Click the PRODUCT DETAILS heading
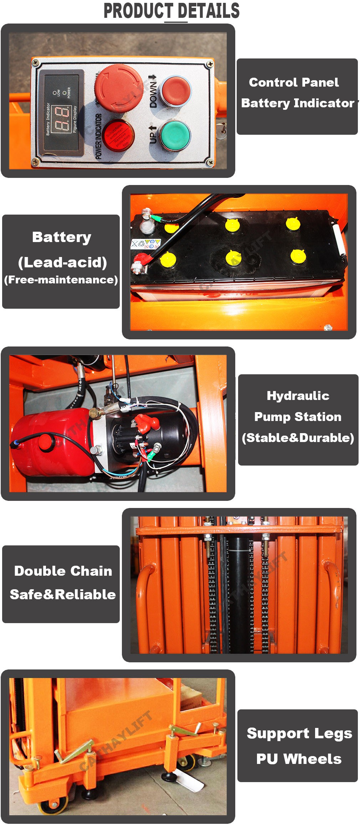tap(171, 11)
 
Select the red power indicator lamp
tap(119, 136)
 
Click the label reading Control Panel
tap(294, 82)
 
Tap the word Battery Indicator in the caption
tap(298, 103)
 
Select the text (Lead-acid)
tap(62, 262)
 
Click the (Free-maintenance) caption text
tap(61, 279)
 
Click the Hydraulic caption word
tap(298, 395)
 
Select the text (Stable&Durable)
tap(298, 437)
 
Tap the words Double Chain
tap(63, 571)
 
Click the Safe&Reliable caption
tap(63, 594)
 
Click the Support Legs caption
tap(299, 733)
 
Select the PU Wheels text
tap(299, 759)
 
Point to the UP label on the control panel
tap(152, 135)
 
